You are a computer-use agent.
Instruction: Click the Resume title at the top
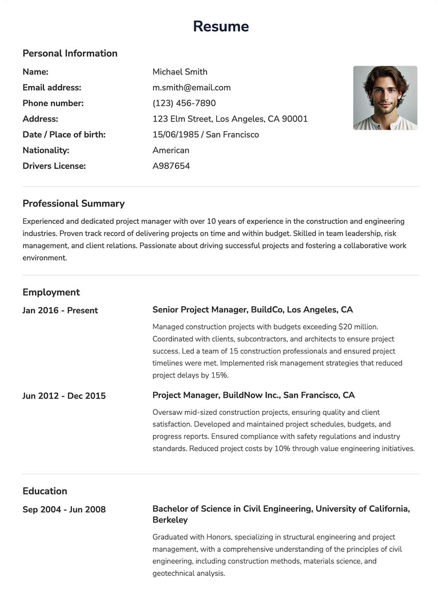[221, 26]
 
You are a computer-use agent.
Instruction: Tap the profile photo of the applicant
[385, 98]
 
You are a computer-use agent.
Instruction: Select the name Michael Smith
[180, 72]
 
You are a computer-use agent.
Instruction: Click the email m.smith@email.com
[191, 88]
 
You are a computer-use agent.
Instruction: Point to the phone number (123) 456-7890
[184, 103]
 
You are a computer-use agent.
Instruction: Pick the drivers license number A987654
[171, 166]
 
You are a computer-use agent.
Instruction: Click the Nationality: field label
[46, 150]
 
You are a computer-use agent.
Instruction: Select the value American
[171, 150]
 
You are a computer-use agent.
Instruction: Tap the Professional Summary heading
[74, 204]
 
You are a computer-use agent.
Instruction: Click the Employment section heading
[51, 292]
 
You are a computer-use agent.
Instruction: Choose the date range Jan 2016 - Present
[60, 311]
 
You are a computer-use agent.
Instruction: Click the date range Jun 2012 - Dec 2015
[64, 396]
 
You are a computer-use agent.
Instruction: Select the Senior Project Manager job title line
[252, 310]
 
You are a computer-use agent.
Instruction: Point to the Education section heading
[45, 491]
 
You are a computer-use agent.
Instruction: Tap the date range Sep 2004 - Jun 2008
[64, 510]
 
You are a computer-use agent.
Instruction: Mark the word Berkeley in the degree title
[170, 520]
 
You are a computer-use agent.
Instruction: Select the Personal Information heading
[70, 53]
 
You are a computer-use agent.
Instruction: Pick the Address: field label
[40, 119]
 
